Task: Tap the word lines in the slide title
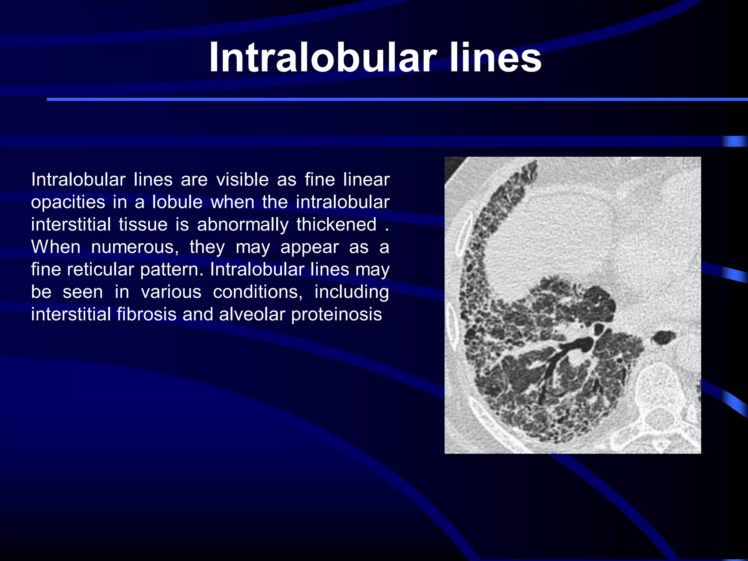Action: pos(495,58)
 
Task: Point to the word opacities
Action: pos(68,203)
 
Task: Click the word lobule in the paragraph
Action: pos(178,202)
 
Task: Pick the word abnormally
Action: pos(243,225)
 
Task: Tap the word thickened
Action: pos(336,225)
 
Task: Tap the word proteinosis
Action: pos(336,314)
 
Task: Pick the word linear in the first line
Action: pos(366,180)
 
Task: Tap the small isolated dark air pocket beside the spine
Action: pos(663,337)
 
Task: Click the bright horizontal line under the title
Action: pos(397,99)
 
